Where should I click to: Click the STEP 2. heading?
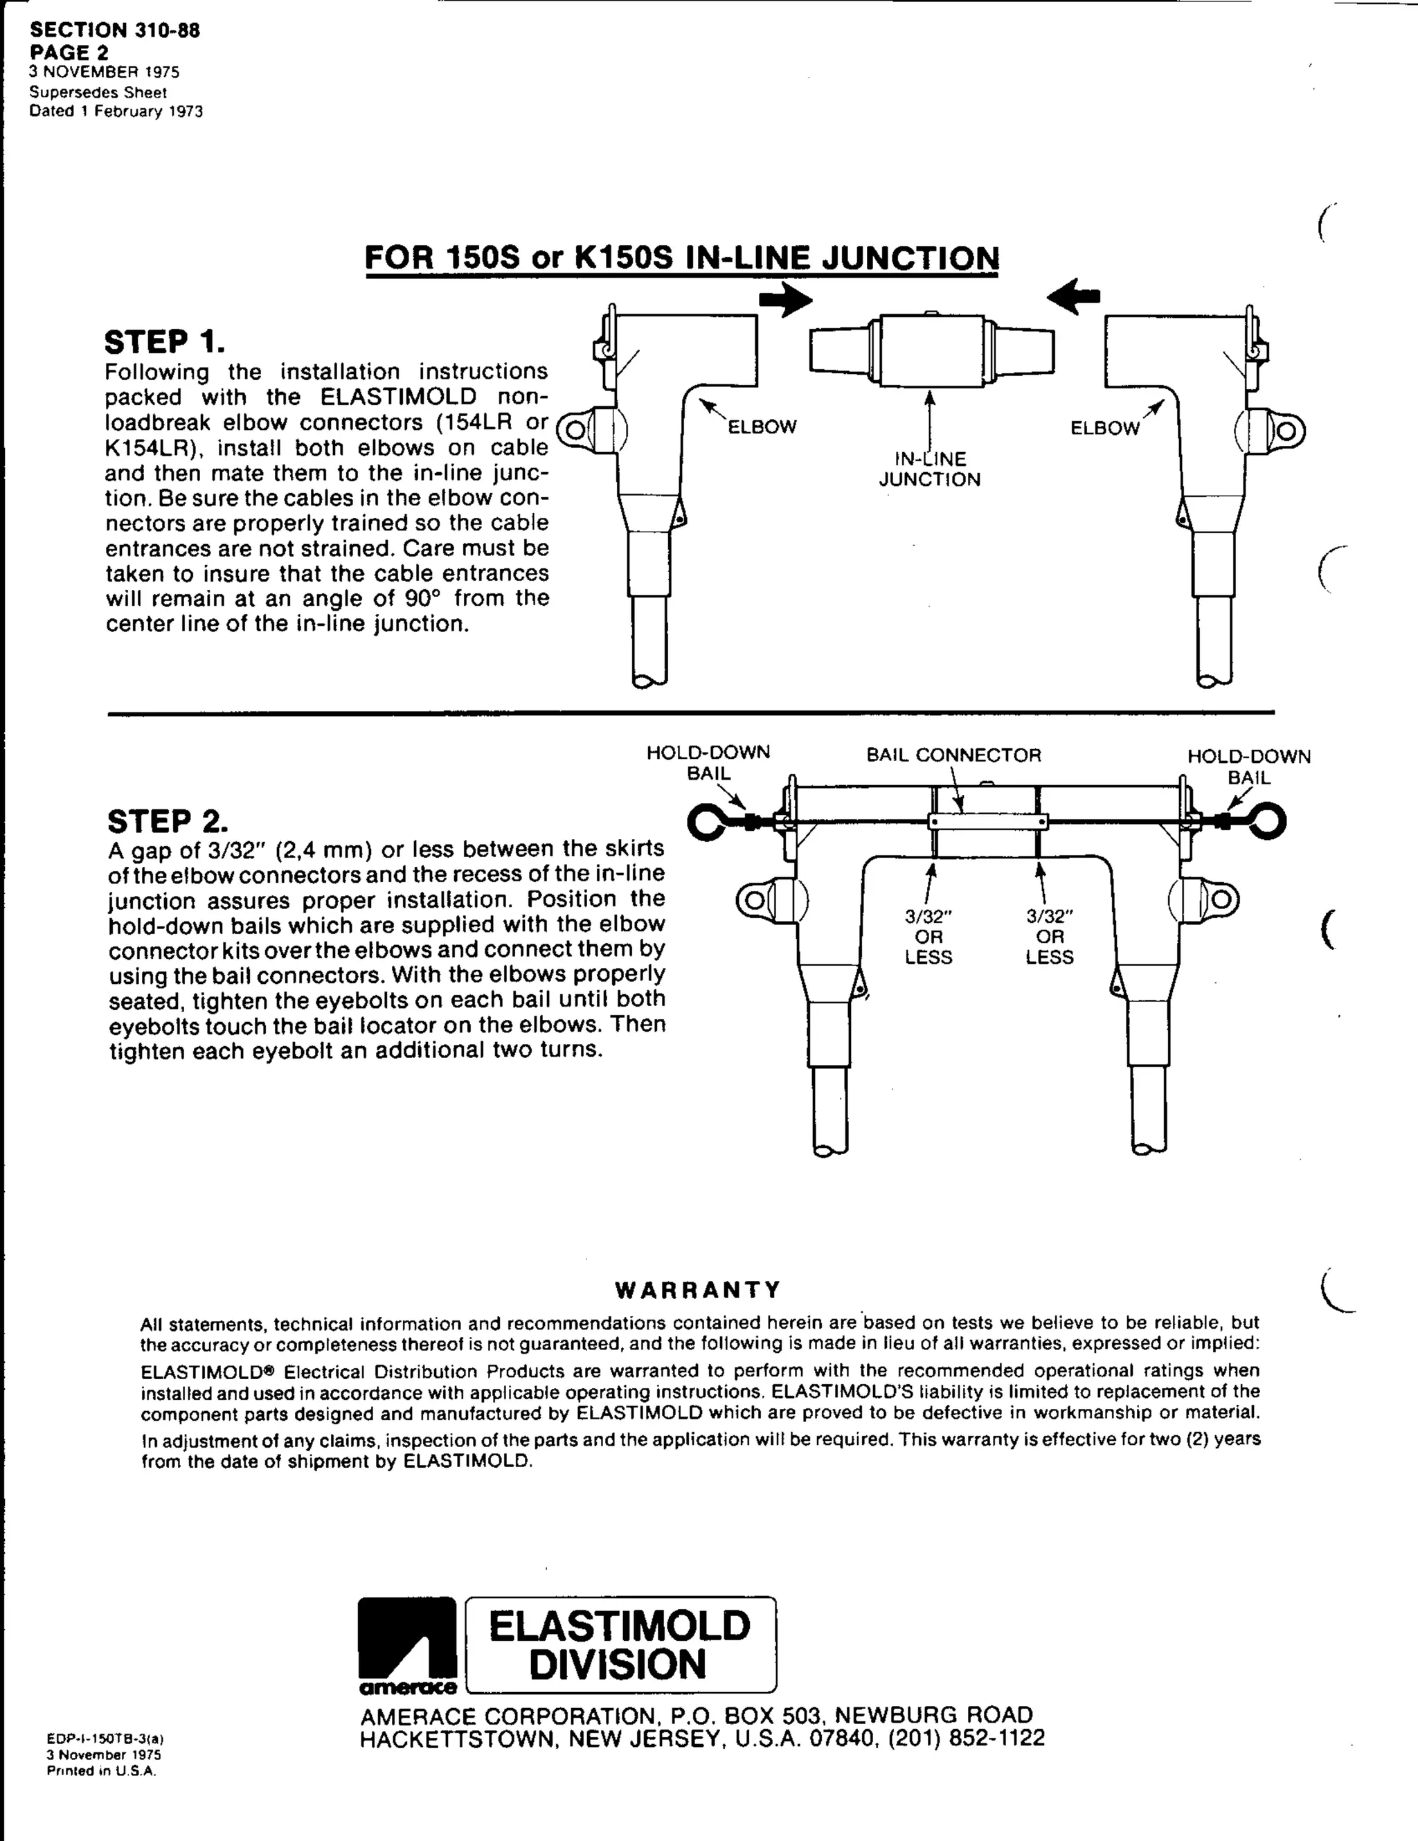168,821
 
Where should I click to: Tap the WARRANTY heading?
698,1291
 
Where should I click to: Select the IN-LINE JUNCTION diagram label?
930,469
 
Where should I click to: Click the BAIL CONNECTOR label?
953,755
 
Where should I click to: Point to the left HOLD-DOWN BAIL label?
708,762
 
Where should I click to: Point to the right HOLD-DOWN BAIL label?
1248,766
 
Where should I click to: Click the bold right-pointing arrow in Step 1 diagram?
785,300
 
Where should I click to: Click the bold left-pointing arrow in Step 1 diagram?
1073,297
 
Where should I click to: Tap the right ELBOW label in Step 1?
1104,427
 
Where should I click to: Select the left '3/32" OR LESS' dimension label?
928,937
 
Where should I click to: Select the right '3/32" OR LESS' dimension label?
1050,937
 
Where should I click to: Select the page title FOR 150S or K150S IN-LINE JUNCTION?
682,257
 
